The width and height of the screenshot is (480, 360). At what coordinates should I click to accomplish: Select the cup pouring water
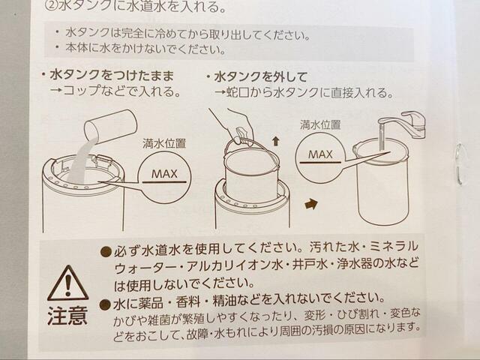(x=109, y=124)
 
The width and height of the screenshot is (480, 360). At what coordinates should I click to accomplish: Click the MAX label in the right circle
(x=320, y=156)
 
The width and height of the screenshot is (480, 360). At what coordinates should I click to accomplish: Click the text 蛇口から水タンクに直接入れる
(x=308, y=93)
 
